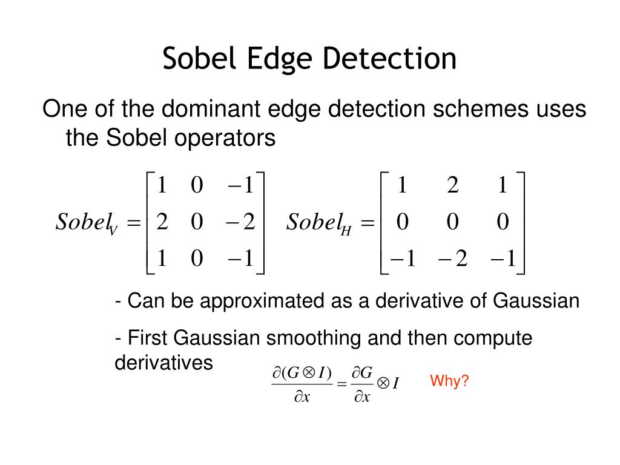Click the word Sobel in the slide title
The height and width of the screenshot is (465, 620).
(201, 59)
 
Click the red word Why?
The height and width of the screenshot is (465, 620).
(449, 381)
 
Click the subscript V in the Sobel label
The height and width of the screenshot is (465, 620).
(113, 231)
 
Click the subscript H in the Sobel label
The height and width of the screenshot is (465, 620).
(346, 231)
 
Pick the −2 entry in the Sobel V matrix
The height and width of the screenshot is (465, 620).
(242, 223)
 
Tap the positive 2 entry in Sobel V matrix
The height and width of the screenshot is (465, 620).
(162, 223)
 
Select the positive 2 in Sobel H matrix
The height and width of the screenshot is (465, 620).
(452, 185)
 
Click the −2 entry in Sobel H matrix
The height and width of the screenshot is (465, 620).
(452, 260)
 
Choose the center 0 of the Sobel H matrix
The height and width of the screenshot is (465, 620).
(452, 223)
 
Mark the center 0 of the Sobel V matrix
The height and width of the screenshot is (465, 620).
(196, 223)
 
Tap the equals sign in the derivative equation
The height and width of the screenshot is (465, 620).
(341, 383)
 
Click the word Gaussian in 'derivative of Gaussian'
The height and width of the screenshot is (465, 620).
(536, 300)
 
